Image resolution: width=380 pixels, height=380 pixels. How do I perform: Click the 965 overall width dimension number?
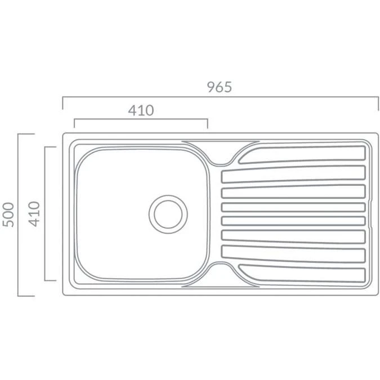pos(219,87)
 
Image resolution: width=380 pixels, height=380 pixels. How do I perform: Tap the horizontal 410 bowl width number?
pos(140,110)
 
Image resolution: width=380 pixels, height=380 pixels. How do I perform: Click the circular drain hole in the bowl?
pos(167,213)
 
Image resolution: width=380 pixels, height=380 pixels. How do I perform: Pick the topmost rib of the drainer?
pos(304,155)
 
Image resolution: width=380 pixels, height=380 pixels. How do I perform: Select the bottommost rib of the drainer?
pos(304,273)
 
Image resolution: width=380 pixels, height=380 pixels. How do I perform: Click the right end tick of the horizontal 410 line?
pos(208,124)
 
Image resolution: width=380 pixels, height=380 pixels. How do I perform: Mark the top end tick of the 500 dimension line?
pos(26,134)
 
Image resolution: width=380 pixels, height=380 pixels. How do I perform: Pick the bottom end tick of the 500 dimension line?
pos(26,296)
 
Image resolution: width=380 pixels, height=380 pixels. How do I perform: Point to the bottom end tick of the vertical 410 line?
pos(51,280)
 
